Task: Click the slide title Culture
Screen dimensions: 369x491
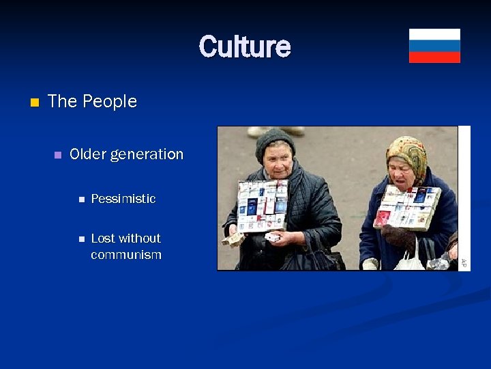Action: point(245,46)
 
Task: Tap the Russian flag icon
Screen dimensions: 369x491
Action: point(434,46)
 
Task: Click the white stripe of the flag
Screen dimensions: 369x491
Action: point(434,34)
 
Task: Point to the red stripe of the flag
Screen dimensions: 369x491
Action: point(434,57)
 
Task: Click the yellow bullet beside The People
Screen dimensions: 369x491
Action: point(35,102)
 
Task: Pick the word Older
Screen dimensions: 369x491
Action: point(87,154)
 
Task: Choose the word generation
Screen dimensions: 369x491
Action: point(146,155)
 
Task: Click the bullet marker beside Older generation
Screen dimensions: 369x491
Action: point(57,155)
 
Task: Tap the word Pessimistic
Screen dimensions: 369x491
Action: point(123,199)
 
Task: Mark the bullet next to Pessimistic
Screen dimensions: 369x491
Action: point(80,200)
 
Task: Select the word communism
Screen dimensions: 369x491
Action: point(126,255)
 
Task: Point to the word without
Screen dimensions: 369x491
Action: point(140,238)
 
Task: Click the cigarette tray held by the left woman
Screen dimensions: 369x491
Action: point(263,205)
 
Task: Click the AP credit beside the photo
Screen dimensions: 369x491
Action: point(464,262)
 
